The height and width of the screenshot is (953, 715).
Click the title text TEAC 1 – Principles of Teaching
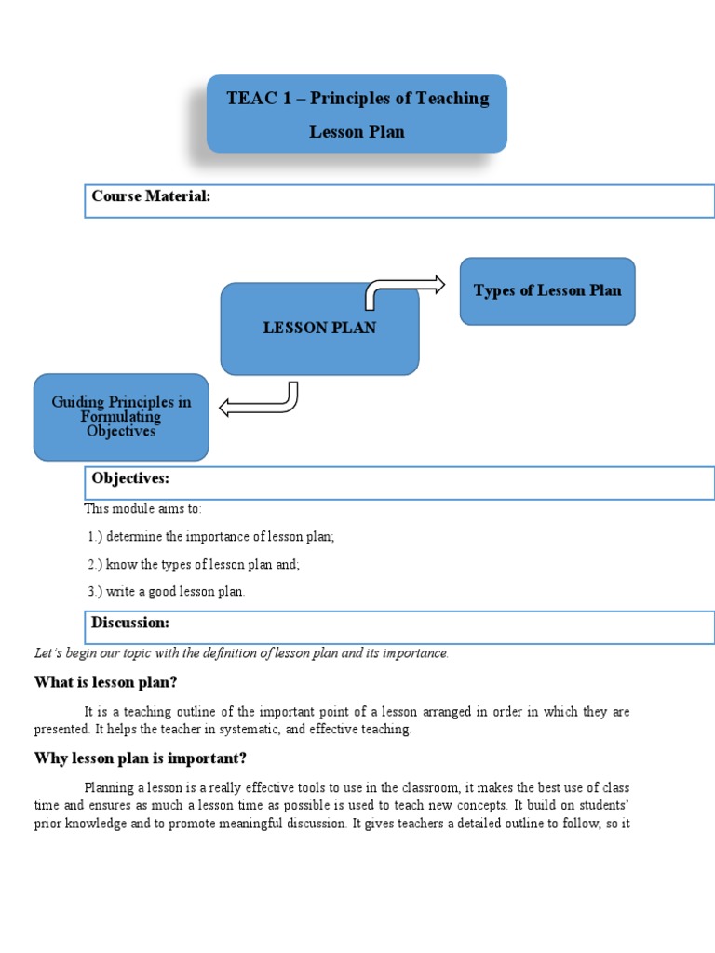(x=357, y=99)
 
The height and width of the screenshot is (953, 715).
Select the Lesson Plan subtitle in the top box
(x=357, y=131)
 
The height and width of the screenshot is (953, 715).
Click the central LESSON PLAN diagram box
(x=319, y=329)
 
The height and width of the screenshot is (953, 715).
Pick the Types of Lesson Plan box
(x=547, y=290)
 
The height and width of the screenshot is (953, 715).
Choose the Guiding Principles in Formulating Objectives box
(x=121, y=416)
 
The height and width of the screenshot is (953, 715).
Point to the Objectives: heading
(x=130, y=477)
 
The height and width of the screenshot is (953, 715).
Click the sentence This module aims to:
(x=142, y=509)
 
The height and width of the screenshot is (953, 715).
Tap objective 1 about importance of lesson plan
(x=210, y=537)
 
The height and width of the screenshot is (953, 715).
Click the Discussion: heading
(x=130, y=622)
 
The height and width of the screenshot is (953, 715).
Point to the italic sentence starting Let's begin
(x=241, y=653)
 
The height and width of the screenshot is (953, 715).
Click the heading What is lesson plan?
(x=105, y=682)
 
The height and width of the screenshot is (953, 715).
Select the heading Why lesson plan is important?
(x=140, y=758)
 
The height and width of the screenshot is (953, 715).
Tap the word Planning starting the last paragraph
(x=109, y=787)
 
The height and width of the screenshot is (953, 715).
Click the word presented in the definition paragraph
(x=61, y=730)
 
